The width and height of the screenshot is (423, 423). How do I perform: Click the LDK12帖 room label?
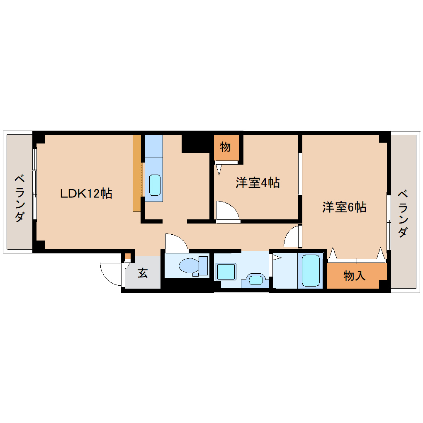pos(86,193)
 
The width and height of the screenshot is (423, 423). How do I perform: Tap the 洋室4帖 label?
pos(258,182)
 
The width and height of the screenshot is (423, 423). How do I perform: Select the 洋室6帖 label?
pos(344,207)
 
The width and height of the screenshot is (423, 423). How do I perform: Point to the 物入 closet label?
pos(355,276)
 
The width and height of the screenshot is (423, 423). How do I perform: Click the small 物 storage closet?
pos(226,148)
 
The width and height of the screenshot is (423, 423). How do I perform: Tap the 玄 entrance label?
pos(143,273)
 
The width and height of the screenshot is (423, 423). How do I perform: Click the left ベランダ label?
pos(19,198)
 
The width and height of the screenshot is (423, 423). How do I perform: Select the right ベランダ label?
pos(403,214)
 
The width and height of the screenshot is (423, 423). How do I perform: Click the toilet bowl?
pos(189,266)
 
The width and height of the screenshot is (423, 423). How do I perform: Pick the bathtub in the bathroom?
pos(311,270)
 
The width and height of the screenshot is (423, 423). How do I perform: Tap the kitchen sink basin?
pos(155,185)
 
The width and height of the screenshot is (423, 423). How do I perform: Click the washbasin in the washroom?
pos(255,280)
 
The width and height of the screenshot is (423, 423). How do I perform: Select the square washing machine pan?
pos(226,272)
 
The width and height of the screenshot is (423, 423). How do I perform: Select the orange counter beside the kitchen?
pos(137,173)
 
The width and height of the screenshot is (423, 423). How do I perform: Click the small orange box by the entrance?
pos(128,256)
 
